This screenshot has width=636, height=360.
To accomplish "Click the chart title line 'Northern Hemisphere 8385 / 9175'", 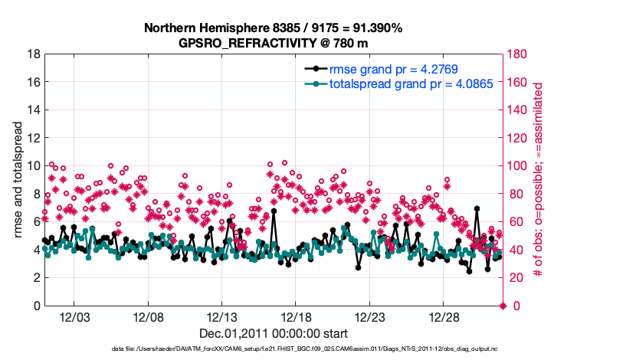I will coord(274,28).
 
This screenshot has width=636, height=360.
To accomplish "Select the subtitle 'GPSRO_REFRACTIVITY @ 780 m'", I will coord(274,43).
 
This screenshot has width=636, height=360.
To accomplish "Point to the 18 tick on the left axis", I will coord(34,54).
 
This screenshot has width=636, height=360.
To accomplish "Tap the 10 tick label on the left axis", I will coord(34,166).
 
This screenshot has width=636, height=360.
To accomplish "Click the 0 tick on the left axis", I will coord(37,306).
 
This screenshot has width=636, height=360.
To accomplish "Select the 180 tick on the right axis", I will coord(519,54).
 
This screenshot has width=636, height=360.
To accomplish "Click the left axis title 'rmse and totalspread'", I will coord(19,180).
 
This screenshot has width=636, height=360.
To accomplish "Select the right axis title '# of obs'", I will coord(539,180).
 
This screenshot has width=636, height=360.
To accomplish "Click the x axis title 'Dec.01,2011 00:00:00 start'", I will coord(274,334).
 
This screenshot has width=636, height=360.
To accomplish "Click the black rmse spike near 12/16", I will coord(273,211).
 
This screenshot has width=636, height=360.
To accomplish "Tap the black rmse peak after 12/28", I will coord(477,208).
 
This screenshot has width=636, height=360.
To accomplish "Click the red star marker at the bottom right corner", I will coord(503,306).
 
